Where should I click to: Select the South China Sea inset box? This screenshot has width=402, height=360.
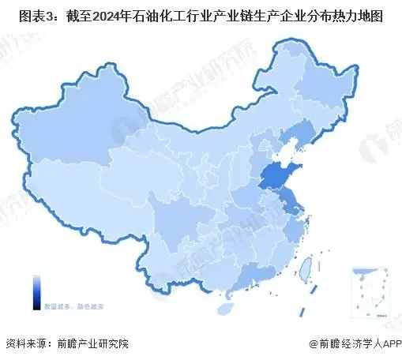click(x=369, y=289)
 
